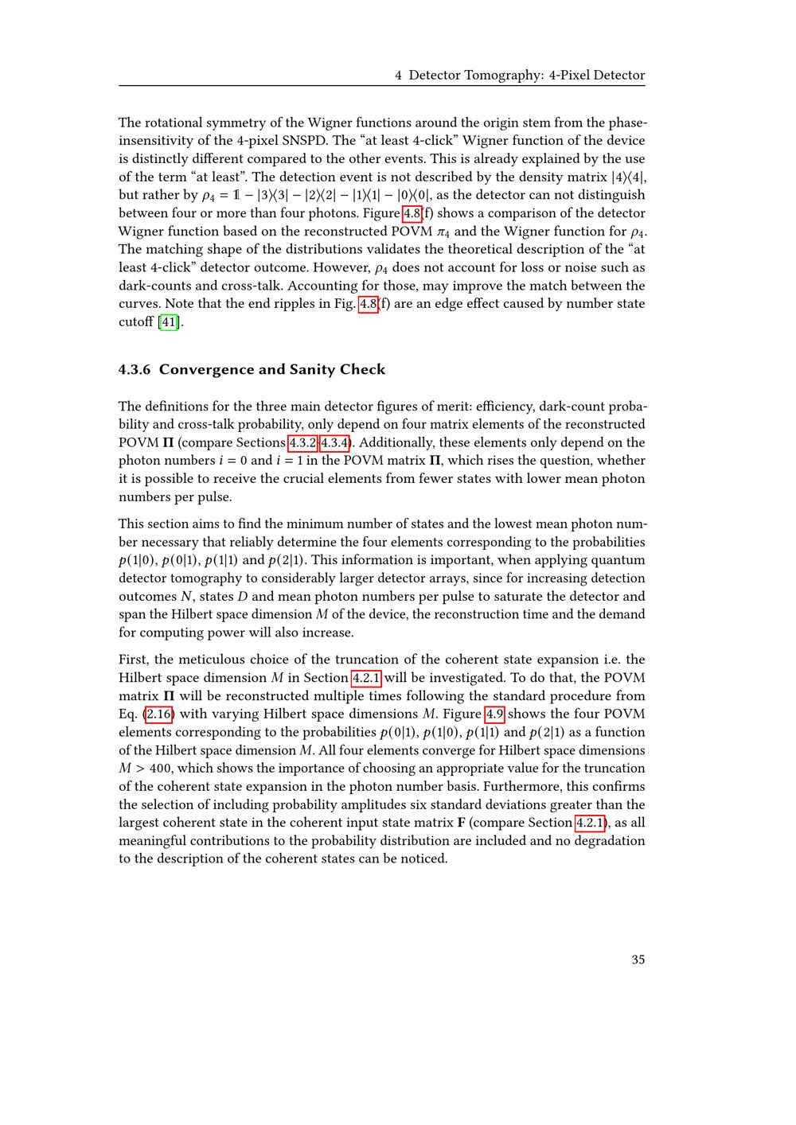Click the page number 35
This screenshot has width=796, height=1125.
click(638, 960)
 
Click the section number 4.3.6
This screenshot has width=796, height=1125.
click(135, 369)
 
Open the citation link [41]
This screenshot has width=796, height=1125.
click(169, 321)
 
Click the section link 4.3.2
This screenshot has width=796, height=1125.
click(302, 442)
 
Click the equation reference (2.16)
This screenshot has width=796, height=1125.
click(158, 714)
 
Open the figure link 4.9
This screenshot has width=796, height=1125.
click(494, 714)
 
